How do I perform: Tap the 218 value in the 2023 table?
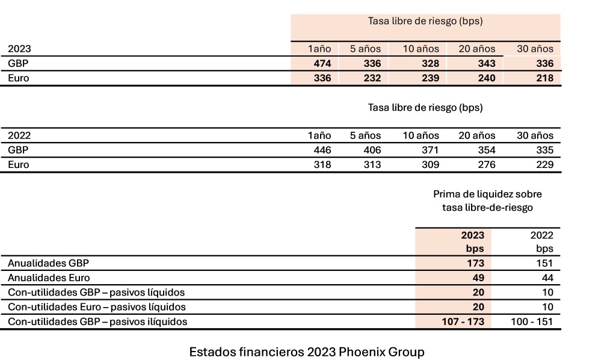[x=543, y=78]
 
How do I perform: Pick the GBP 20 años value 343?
[x=484, y=63]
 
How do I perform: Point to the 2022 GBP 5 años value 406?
[x=370, y=150]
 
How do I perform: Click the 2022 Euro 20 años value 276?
[x=484, y=164]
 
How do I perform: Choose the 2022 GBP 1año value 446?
[x=320, y=150]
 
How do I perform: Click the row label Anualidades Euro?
[x=49, y=278]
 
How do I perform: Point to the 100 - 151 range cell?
[x=531, y=321]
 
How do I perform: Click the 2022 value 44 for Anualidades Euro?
[x=545, y=278]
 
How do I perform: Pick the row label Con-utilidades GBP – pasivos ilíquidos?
[x=97, y=321]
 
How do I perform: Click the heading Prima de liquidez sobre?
[x=487, y=194]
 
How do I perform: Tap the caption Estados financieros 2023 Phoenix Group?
[x=307, y=351]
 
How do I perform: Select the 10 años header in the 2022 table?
[x=421, y=135]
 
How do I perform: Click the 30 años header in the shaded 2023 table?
[x=535, y=49]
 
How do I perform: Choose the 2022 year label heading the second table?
[x=19, y=135]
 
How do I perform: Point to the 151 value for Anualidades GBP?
[x=543, y=263]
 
